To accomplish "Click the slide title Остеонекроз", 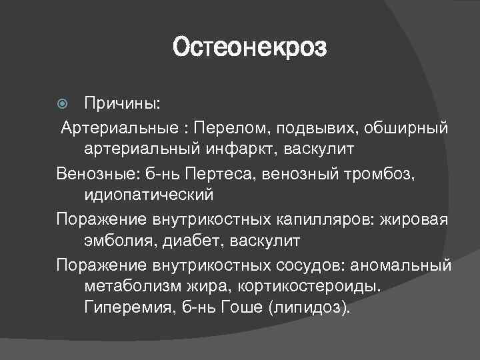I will click(250, 48).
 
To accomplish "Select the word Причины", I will click(122, 105).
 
